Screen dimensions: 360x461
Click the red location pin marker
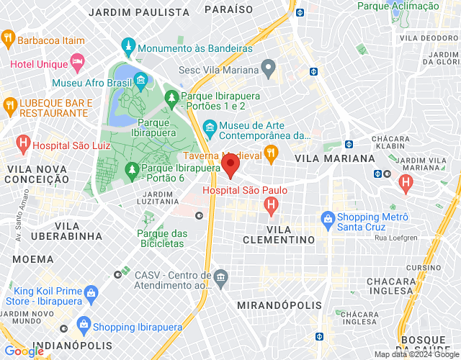point(230,166)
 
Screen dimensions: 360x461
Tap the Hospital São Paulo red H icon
point(271,207)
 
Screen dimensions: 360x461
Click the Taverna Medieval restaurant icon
point(271,153)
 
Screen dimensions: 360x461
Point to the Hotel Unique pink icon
point(78,63)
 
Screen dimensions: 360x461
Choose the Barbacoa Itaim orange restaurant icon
point(9,37)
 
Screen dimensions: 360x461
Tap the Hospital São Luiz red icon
point(23,143)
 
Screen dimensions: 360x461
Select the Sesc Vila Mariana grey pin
point(269,69)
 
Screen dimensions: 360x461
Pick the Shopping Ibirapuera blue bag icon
point(84,325)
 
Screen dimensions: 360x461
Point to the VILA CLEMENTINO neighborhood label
point(279,239)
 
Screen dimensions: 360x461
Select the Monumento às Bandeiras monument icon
point(128,48)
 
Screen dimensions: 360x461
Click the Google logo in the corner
point(23,351)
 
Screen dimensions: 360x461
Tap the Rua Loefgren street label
point(395,238)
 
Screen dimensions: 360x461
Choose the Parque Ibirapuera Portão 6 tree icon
point(131,169)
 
